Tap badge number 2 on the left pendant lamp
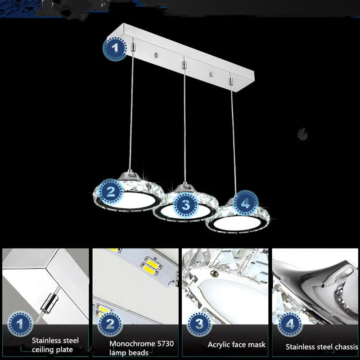pos(111,192)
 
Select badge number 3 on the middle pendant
pos(185,205)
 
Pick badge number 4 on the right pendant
pos(245,203)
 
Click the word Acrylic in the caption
pos(219,345)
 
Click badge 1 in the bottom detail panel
pos(20,324)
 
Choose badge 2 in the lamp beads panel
pos(110,324)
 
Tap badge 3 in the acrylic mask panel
pos(199,324)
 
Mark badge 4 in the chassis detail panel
pos(290,324)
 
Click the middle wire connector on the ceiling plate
pos(184,64)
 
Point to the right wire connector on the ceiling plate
pos(231,81)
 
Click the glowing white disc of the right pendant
pos(237,223)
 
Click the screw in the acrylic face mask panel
pos(215,273)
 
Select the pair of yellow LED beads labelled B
pos(152,266)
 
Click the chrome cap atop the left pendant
pos(130,176)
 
